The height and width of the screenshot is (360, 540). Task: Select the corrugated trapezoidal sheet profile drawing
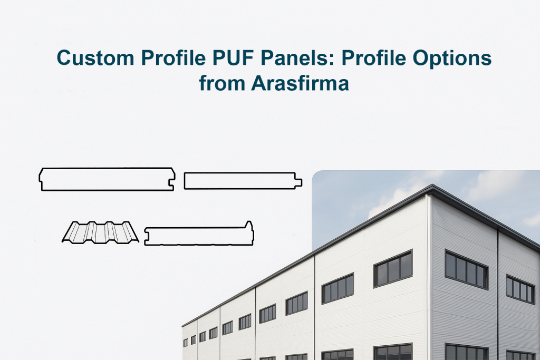pyautogui.click(x=100, y=232)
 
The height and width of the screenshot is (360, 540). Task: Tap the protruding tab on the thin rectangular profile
pyautogui.click(x=299, y=181)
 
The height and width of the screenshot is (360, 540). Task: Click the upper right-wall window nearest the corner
pyautogui.click(x=466, y=269)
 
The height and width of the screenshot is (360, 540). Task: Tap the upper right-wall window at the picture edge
pyautogui.click(x=520, y=289)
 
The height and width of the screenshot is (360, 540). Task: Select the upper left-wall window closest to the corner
pyautogui.click(x=393, y=268)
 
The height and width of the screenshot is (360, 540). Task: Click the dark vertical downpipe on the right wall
pyautogui.click(x=497, y=295)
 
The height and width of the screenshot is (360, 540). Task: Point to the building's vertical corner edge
pyautogui.click(x=431, y=274)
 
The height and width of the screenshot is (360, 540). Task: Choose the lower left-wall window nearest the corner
pyautogui.click(x=393, y=352)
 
